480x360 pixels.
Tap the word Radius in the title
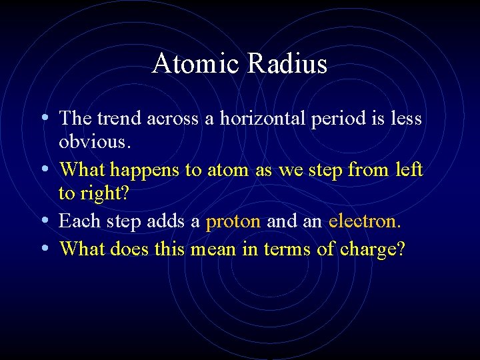click(x=288, y=64)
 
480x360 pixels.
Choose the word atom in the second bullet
click(x=229, y=171)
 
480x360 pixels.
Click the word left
click(x=408, y=170)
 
